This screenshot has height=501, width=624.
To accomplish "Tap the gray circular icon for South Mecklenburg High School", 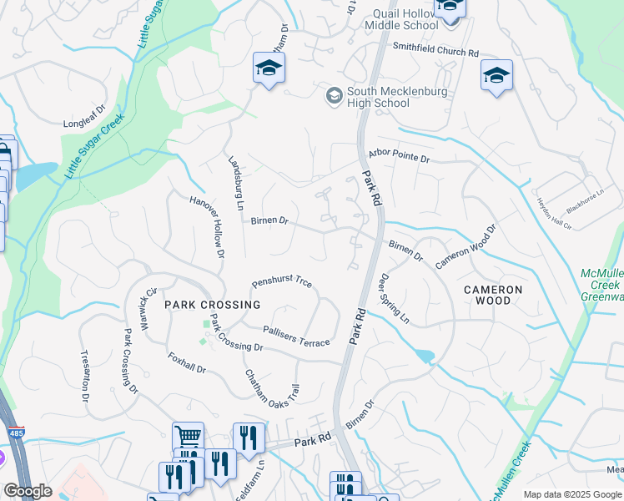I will [x=334, y=96].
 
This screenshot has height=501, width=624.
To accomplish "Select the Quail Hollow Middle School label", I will [x=400, y=18].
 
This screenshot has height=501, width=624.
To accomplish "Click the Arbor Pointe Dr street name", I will [x=398, y=157].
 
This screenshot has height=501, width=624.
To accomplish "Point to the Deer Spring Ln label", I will [x=395, y=298].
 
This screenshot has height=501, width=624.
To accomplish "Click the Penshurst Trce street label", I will [x=282, y=284].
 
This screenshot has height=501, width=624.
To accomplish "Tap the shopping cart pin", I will [x=188, y=435].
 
